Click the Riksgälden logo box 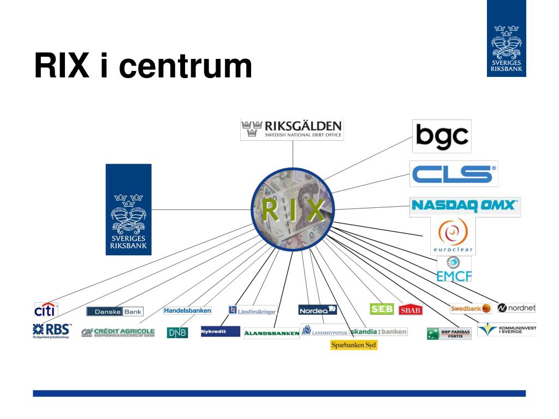point(292,130)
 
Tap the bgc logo point(441,136)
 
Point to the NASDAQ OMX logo point(465,206)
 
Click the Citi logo point(46,310)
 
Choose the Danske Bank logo point(115,312)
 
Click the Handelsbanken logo point(187,310)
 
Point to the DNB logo point(177,332)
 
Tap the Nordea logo point(318,310)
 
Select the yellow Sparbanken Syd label point(354,345)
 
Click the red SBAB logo point(411,310)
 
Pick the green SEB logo point(382,309)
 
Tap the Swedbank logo point(471,308)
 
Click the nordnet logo point(516,308)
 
